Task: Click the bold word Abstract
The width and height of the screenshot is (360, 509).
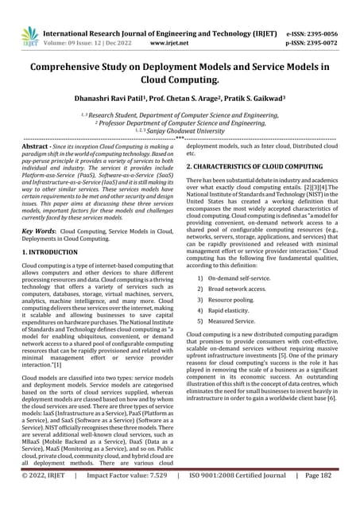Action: point(38,147)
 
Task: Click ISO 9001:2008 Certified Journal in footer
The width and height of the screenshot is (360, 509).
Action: point(238,497)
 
